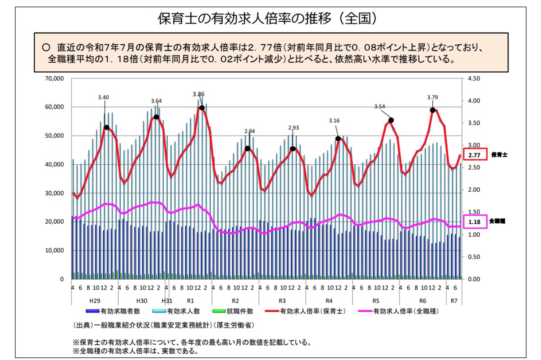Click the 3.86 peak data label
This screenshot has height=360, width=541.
point(198,94)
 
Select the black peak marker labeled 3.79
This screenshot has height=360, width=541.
point(433,110)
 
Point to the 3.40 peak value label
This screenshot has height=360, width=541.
point(104,97)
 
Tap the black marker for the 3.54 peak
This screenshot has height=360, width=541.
point(391,120)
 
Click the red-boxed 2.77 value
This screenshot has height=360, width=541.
point(474,155)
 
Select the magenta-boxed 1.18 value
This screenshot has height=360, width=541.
point(474,222)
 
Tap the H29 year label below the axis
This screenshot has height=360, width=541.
point(95,300)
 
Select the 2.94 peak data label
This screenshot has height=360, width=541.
point(249,131)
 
